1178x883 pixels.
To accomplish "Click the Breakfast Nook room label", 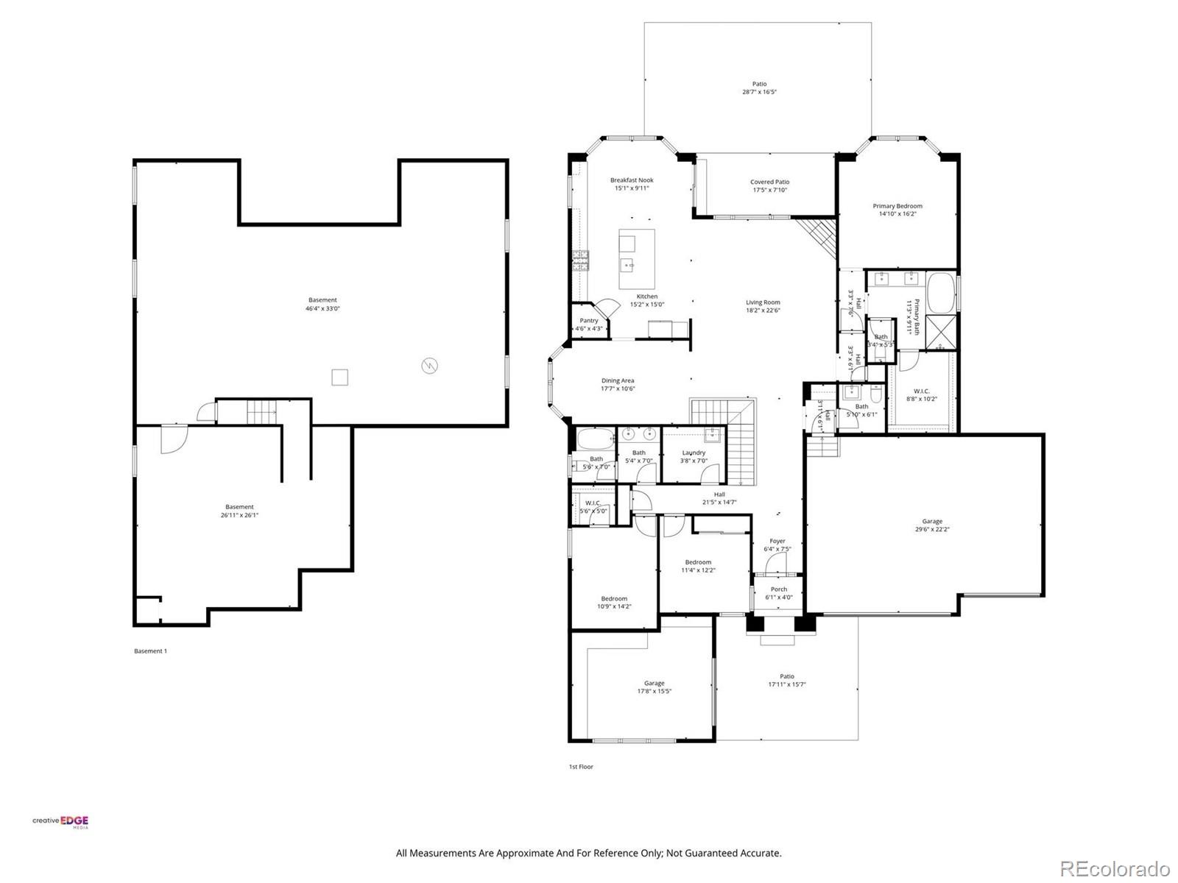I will pos(631,180).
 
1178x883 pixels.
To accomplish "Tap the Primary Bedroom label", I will pos(897,206).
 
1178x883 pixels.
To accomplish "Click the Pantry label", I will pos(589,320).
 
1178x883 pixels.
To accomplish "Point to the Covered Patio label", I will pos(769,182).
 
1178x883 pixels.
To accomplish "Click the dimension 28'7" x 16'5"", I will pos(759,93).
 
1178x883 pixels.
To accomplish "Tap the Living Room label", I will pos(762,302).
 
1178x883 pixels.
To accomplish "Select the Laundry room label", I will pos(694,453).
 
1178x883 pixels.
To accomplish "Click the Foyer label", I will pos(777,541).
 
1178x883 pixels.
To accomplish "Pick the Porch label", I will pos(779,589).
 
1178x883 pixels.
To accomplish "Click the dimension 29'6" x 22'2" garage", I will pos(932,530).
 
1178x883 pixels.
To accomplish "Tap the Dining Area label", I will pos(618,380).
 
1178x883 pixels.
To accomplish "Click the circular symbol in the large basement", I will pos(429,365).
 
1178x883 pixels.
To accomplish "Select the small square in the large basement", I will pos(339,377).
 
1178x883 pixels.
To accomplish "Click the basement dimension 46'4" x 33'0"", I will pos(322,309).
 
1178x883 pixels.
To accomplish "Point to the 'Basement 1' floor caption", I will pos(150,650).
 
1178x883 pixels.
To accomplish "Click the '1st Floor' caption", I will pos(580,767).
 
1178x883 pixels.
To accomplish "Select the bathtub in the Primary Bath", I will pos(940,293).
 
